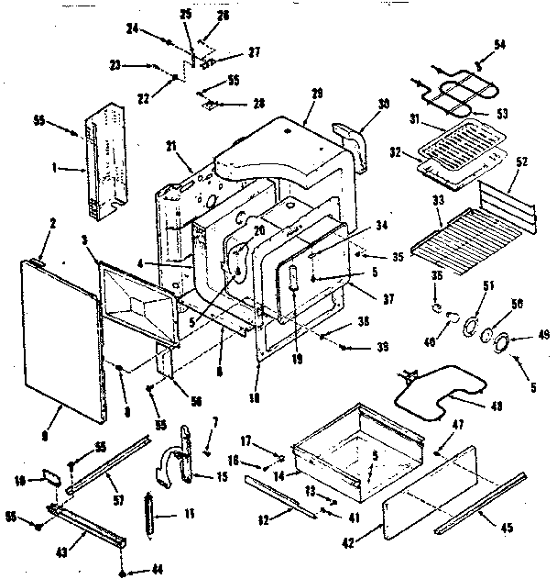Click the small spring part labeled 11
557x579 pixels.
[148, 513]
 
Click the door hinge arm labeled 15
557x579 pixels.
[186, 456]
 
